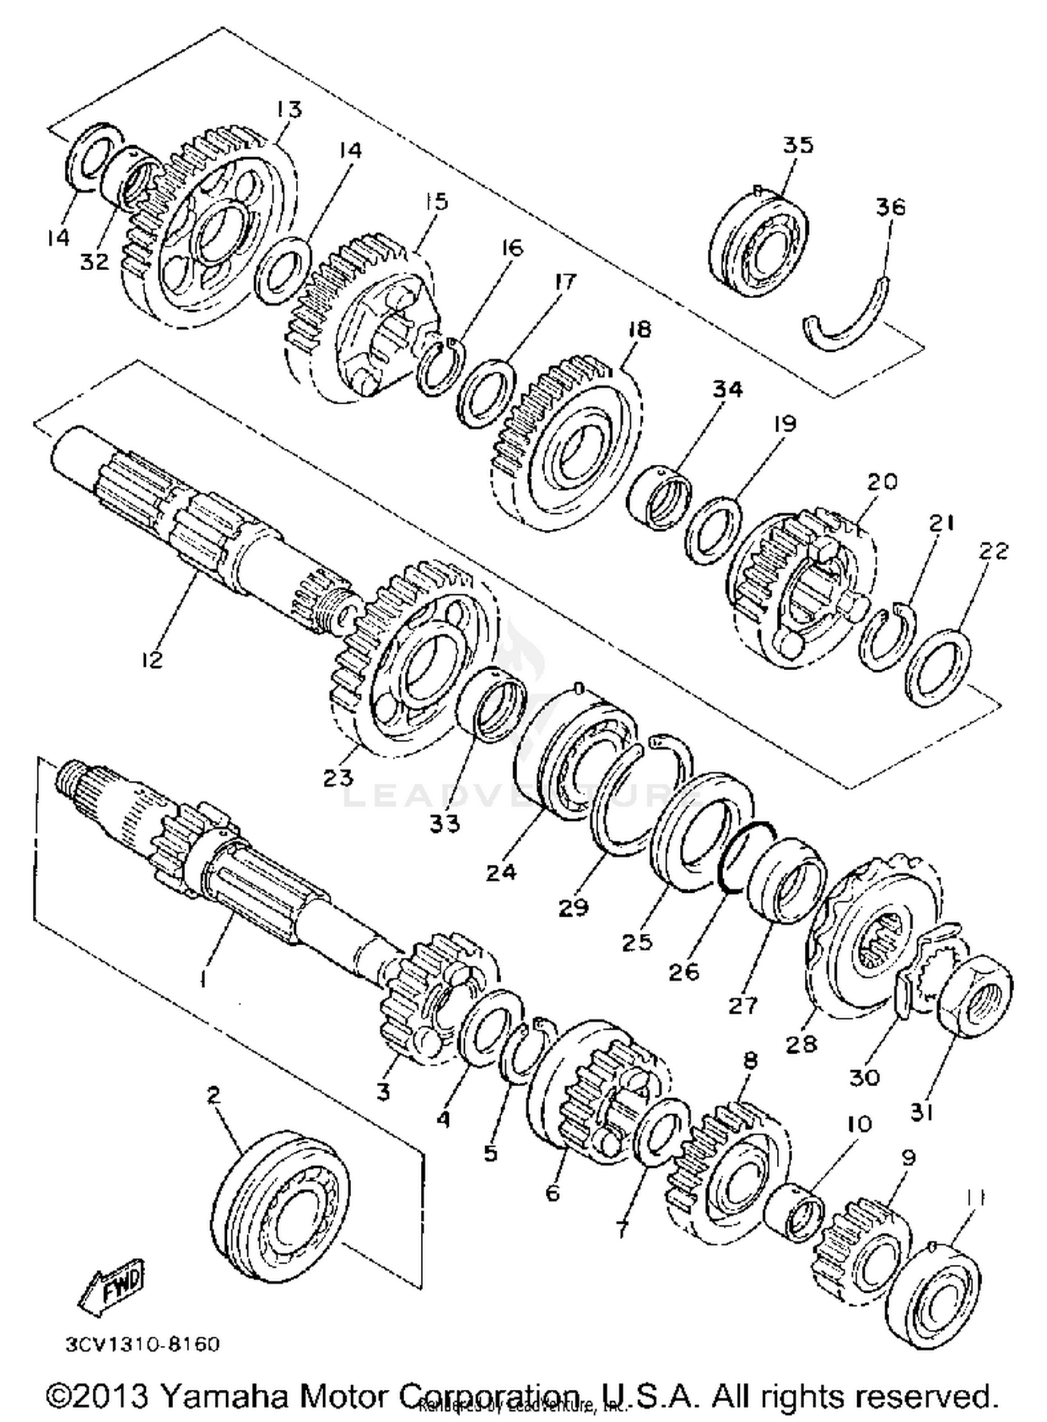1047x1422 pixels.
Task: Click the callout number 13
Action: (x=288, y=110)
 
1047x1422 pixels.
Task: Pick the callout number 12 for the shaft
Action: (x=151, y=659)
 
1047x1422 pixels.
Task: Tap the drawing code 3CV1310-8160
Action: (x=142, y=1344)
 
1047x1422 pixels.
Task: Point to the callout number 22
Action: (x=993, y=551)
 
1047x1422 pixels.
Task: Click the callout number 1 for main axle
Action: (x=202, y=981)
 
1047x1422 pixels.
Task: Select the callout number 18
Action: (x=639, y=329)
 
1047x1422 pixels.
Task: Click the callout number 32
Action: (x=94, y=262)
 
